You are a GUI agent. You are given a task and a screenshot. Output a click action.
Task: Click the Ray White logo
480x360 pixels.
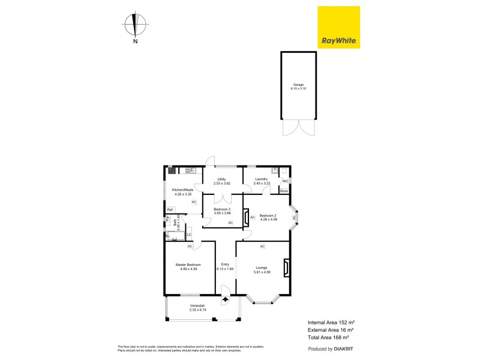[338, 28]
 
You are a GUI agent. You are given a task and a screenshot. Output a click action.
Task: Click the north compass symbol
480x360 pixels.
[136, 26]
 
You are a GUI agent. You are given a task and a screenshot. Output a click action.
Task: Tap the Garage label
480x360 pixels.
[298, 85]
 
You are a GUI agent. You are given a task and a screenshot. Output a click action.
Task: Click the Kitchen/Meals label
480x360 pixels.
[182, 190]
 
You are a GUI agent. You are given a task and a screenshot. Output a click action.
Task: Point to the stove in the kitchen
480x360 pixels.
[172, 170]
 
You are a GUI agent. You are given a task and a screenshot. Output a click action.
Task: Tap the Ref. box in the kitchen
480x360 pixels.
[170, 209]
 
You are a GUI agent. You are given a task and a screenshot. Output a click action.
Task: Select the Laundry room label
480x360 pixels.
[261, 179]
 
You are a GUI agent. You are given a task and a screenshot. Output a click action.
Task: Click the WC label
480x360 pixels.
[286, 181]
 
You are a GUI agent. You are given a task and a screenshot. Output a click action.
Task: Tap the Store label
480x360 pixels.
[284, 191]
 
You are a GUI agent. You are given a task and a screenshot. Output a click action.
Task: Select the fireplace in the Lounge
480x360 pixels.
[287, 268]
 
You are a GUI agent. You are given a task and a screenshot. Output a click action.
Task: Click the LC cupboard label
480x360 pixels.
[188, 234]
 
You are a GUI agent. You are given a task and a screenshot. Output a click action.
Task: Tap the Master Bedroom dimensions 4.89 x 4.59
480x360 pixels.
[188, 269]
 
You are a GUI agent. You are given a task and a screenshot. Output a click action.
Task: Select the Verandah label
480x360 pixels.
[197, 306]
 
